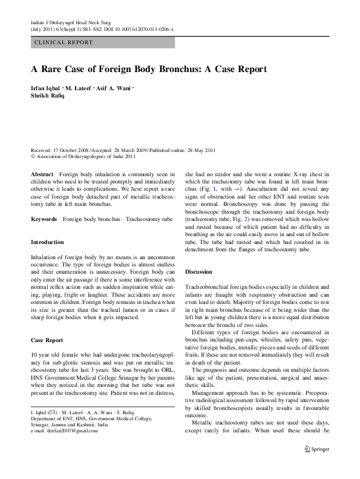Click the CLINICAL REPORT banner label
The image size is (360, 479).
pos(64,42)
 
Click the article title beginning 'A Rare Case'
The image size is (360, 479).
pos(148,69)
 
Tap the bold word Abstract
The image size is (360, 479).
pos(42,173)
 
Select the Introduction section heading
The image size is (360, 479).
pos(47,242)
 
